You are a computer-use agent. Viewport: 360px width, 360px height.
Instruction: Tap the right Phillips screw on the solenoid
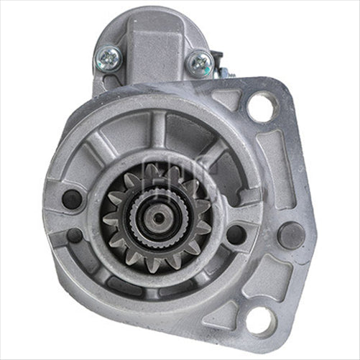click(198, 63)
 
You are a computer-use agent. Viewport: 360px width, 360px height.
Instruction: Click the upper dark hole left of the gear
click(72, 199)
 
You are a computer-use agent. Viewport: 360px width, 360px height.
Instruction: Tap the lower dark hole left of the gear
click(74, 235)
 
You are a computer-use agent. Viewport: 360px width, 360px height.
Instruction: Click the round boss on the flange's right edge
click(290, 235)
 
